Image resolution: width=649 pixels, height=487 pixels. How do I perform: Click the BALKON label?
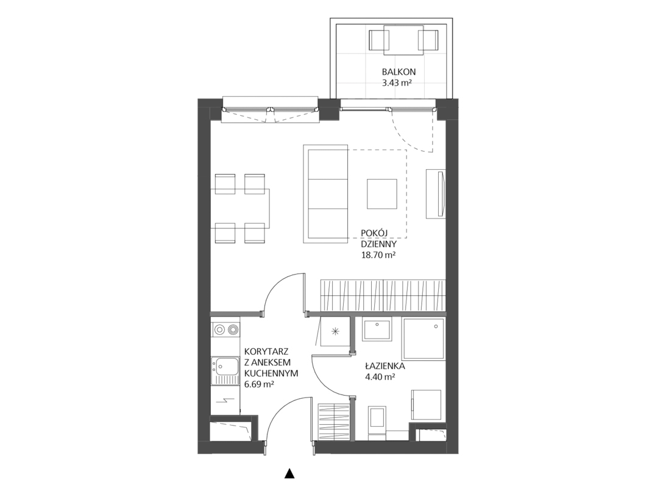tap(398, 72)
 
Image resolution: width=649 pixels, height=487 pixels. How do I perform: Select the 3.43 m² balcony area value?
tap(397, 83)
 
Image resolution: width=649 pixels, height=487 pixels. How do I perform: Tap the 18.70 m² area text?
tap(378, 255)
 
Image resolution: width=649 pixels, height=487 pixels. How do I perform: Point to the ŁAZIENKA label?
tap(379, 366)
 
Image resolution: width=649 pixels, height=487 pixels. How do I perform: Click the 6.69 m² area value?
tap(260, 384)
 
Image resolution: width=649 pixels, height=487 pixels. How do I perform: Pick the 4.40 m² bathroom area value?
tap(379, 377)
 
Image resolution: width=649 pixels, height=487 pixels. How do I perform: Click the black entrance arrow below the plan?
tap(289, 474)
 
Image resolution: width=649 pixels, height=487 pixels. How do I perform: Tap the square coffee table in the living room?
tap(382, 194)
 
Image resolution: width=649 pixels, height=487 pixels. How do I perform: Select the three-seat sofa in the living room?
tap(325, 194)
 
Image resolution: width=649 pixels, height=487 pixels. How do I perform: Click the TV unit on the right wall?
tap(436, 194)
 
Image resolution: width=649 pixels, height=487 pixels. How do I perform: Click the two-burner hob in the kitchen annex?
tap(225, 329)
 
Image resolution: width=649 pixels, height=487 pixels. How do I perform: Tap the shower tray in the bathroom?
tap(424, 338)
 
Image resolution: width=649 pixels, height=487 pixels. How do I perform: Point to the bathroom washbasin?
tap(377, 330)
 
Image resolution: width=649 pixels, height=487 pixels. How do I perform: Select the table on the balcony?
tap(403, 40)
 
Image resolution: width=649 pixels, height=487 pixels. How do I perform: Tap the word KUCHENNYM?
tap(271, 373)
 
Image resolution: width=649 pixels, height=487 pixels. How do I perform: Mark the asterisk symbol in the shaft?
tap(335, 331)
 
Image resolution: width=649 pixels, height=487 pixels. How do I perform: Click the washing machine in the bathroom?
tap(427, 405)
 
